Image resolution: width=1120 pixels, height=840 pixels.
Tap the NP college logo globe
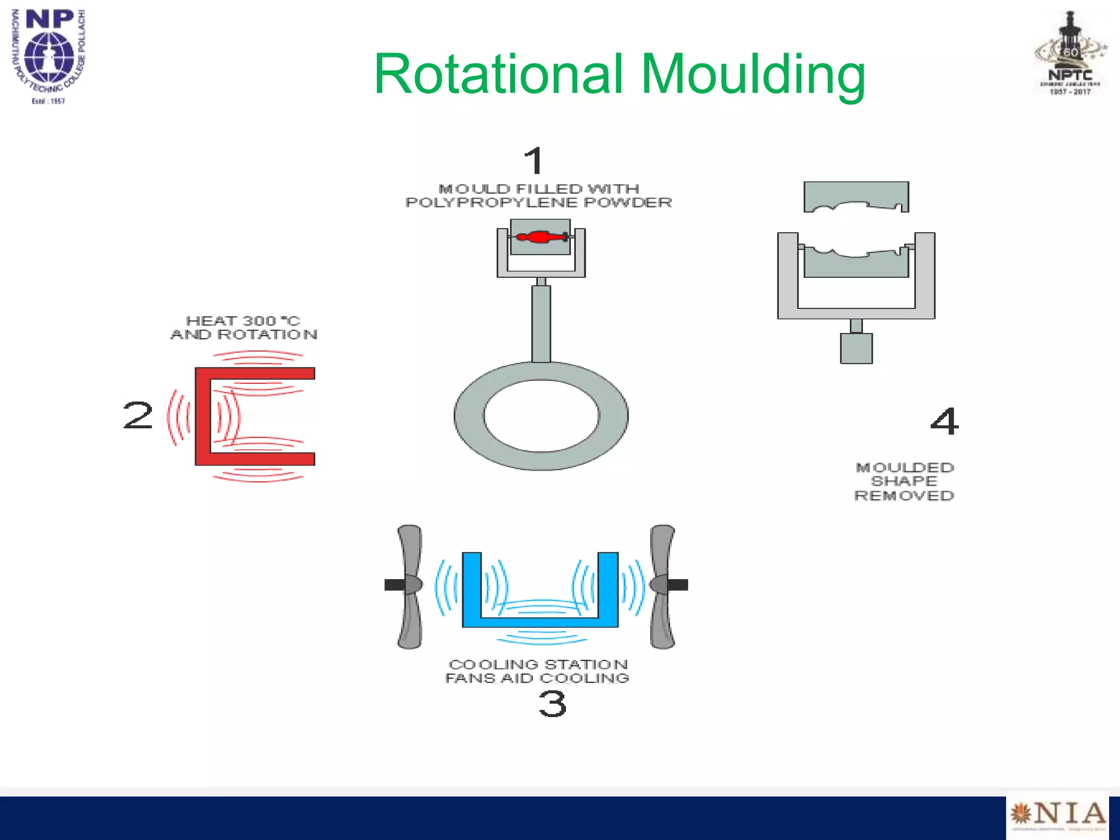49,57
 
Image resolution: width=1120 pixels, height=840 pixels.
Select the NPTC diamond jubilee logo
1070,55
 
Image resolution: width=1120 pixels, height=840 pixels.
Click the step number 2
138,416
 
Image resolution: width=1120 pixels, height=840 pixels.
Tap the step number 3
552,704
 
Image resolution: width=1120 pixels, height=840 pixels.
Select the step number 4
944,421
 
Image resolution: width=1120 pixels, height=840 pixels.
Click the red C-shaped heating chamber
203,416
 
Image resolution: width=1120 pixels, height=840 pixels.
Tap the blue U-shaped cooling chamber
540,620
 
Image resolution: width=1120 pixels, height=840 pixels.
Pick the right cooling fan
663,586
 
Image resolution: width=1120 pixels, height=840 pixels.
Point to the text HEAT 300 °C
243,320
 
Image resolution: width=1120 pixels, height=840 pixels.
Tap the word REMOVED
904,496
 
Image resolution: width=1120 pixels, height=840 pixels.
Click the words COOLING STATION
538,664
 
